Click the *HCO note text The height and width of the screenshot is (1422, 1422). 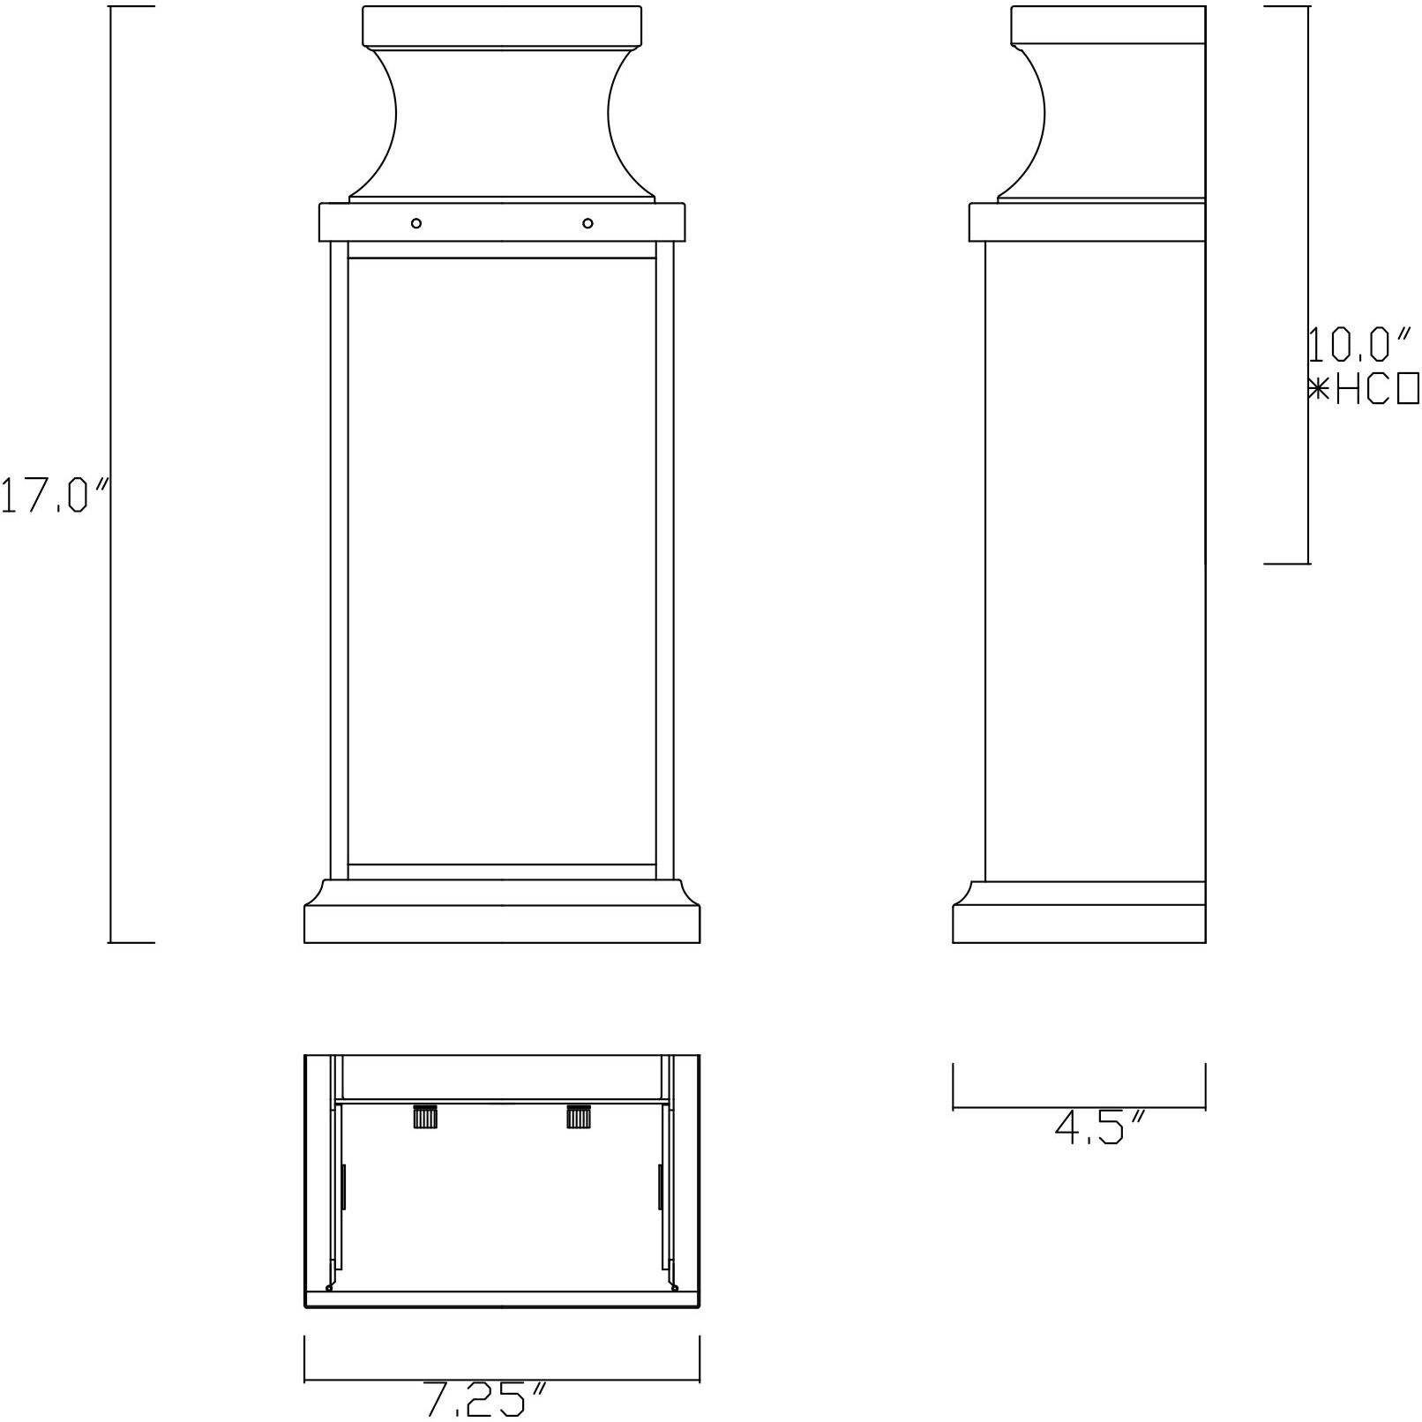pos(1363,389)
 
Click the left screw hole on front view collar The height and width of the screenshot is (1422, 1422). pos(416,223)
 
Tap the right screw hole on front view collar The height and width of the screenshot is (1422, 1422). pos(588,223)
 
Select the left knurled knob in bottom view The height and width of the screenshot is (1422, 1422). pos(425,1117)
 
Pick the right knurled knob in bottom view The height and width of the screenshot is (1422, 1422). pos(579,1117)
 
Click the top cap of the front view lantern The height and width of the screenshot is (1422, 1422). pos(502,25)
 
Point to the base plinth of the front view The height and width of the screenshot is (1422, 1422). pos(502,924)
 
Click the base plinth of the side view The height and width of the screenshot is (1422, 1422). pos(1079,924)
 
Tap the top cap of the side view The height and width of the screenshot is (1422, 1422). pos(1107,23)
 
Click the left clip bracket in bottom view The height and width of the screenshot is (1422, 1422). pos(343,1186)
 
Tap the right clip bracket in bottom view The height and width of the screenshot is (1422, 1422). pos(660,1186)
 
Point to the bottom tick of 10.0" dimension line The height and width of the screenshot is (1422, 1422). pos(1287,562)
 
